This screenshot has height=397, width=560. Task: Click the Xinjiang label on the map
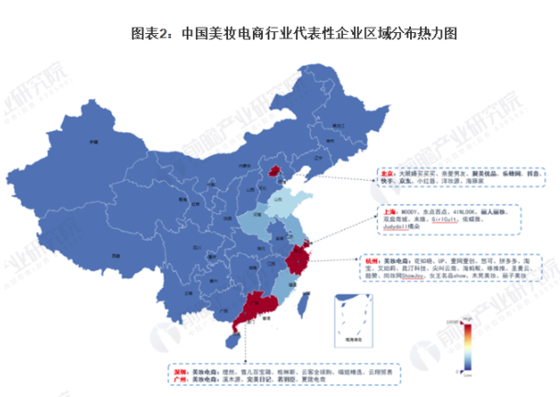coord(92,142)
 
